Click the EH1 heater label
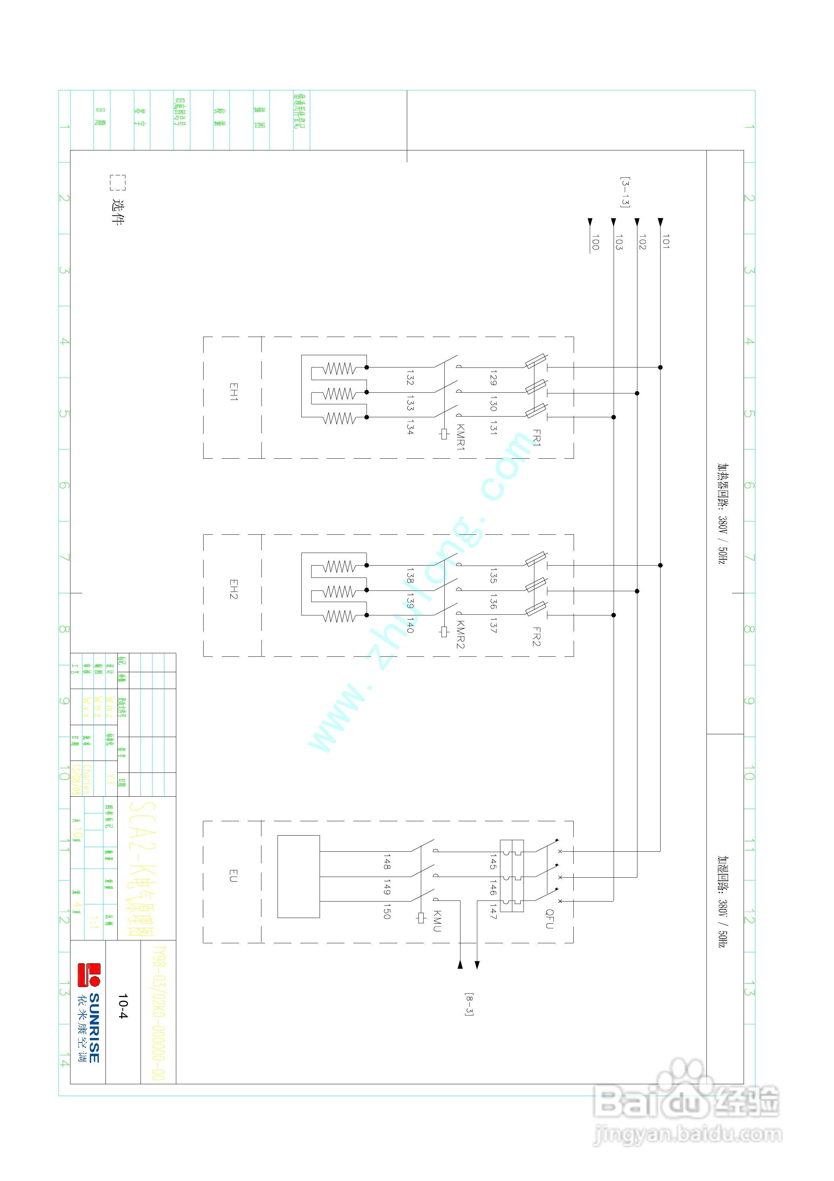pyautogui.click(x=233, y=392)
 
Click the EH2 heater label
pyautogui.click(x=233, y=589)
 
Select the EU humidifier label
pyautogui.click(x=233, y=876)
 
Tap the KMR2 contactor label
pyautogui.click(x=461, y=635)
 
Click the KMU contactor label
pyautogui.click(x=437, y=921)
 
